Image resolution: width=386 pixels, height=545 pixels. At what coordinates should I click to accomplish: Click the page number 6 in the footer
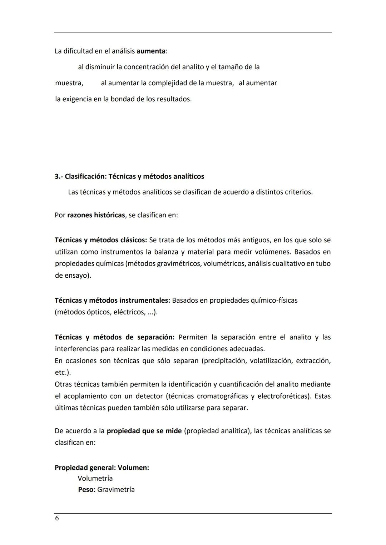pos(57,518)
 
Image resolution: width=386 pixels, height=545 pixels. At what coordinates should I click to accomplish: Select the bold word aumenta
pos(151,51)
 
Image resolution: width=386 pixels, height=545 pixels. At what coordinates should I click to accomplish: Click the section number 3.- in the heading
pos(59,176)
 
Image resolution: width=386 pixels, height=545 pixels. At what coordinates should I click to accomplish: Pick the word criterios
pos(298,192)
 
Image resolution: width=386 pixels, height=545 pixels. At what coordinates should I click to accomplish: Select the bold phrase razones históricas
pos(96,215)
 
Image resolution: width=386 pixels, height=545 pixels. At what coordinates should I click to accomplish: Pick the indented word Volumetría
pos(95,479)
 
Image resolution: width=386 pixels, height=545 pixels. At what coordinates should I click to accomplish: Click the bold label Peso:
pos(87,490)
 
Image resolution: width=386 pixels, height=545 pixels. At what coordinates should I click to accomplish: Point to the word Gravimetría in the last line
pos(116,490)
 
